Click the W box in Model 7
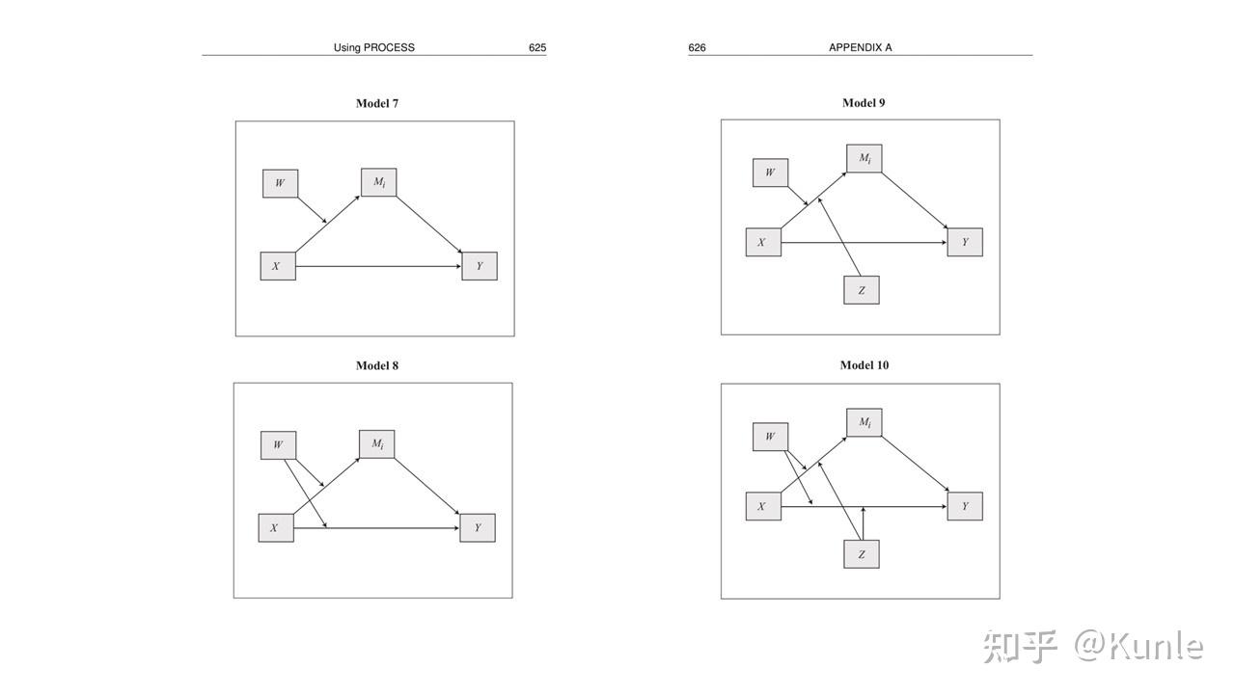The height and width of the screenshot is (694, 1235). pyautogui.click(x=280, y=183)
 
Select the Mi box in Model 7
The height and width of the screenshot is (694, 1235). pyautogui.click(x=379, y=182)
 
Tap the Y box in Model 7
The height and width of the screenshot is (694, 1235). pyautogui.click(x=480, y=266)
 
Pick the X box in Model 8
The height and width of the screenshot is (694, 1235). pyautogui.click(x=276, y=527)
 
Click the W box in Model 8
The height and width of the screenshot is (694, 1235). pyautogui.click(x=278, y=445)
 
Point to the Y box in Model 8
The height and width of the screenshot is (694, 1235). pyautogui.click(x=478, y=527)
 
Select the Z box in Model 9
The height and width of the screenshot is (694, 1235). pyautogui.click(x=862, y=290)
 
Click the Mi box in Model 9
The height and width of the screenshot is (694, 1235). pyautogui.click(x=864, y=158)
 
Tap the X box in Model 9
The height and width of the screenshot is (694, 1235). pyautogui.click(x=763, y=242)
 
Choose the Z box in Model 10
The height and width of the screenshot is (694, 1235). pyautogui.click(x=862, y=554)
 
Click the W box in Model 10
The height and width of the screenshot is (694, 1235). pyautogui.click(x=770, y=437)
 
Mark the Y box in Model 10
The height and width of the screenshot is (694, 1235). pyautogui.click(x=965, y=506)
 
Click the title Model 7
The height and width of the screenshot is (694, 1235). pyautogui.click(x=377, y=103)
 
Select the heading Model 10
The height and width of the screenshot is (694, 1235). pyautogui.click(x=864, y=365)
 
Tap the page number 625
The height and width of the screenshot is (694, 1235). pyautogui.click(x=537, y=47)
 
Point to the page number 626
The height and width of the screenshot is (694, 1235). pyautogui.click(x=697, y=47)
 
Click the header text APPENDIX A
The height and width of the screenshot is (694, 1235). pyautogui.click(x=860, y=47)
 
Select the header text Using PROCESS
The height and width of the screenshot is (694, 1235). pyautogui.click(x=374, y=47)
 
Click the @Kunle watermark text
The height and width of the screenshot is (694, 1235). pyautogui.click(x=1139, y=646)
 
